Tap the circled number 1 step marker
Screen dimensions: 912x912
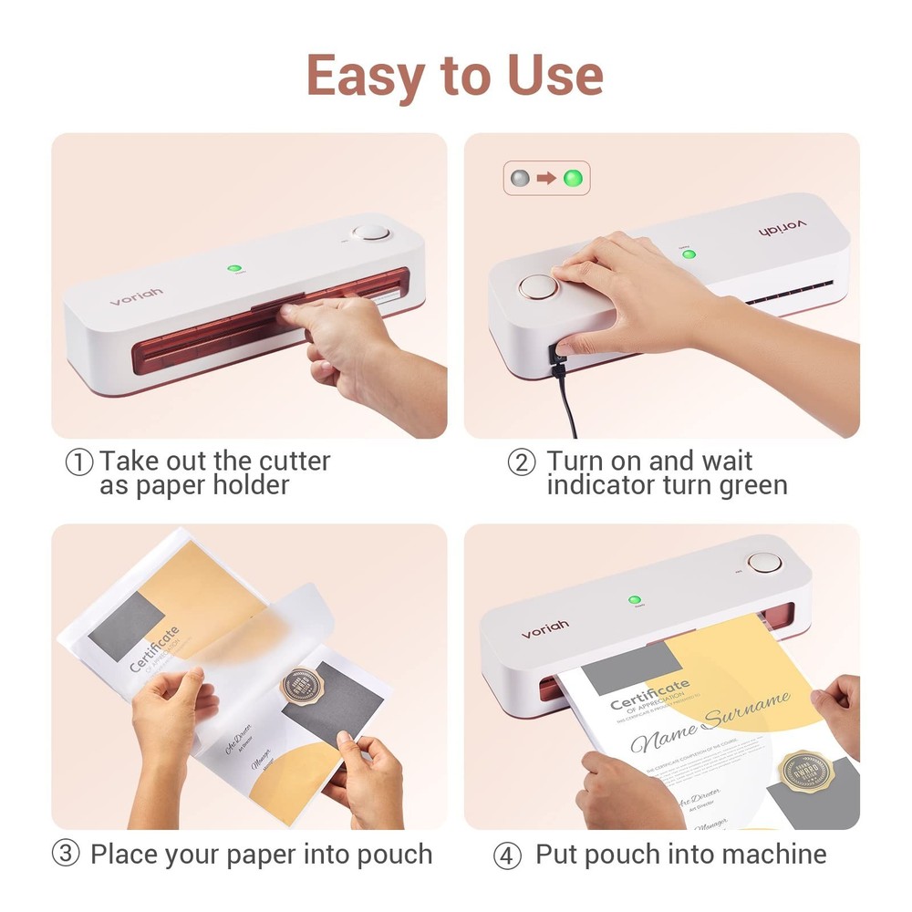click(x=79, y=462)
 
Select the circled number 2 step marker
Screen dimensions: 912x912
click(x=521, y=462)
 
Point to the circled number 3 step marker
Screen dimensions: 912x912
click(x=65, y=855)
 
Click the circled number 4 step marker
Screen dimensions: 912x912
click(x=507, y=856)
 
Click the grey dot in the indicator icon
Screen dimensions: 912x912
click(x=520, y=178)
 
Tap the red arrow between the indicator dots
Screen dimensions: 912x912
click(x=546, y=178)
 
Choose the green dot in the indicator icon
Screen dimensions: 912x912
click(x=573, y=178)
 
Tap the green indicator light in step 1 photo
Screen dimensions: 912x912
click(x=234, y=269)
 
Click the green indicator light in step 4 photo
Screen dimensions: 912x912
click(x=634, y=600)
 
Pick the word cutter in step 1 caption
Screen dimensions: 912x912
click(x=289, y=461)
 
